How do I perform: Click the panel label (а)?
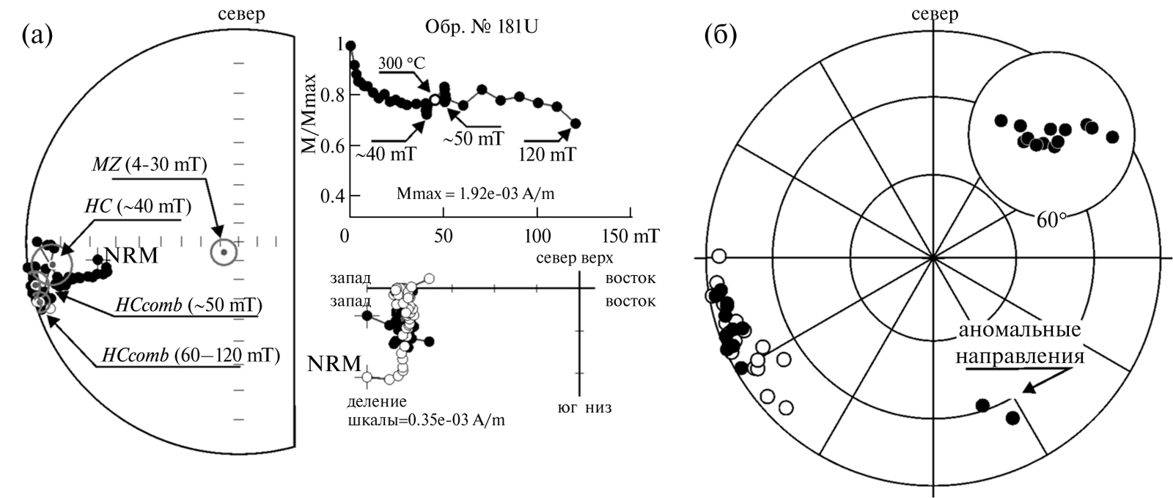point(37,36)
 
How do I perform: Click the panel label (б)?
point(721,36)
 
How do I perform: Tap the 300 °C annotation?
point(402,63)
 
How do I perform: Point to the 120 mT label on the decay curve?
point(548,155)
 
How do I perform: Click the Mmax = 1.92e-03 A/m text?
point(476,194)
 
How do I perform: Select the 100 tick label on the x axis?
point(538,236)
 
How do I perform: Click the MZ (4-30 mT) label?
point(150,165)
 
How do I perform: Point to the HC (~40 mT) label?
point(139,206)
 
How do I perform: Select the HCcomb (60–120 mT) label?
point(191,356)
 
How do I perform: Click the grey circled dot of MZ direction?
point(224,252)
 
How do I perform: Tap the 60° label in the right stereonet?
point(1051,221)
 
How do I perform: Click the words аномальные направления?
point(1020,343)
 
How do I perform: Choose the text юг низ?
point(584,407)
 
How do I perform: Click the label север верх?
point(575,257)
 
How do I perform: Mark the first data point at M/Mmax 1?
point(351,45)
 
